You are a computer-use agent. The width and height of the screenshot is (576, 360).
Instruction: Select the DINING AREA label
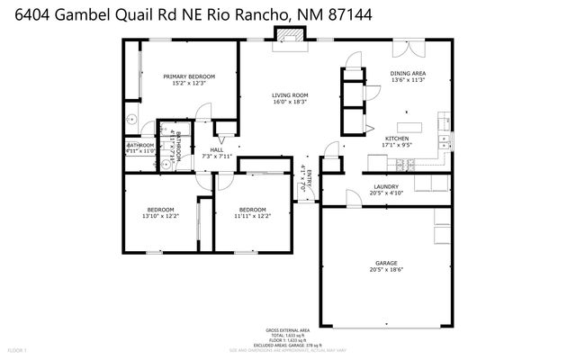408,73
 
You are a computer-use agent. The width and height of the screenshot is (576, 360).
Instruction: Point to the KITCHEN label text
397,138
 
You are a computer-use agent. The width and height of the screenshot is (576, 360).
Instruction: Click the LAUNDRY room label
386,187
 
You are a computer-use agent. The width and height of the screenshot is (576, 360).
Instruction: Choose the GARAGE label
386,264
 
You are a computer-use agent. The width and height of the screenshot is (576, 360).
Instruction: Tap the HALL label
217,150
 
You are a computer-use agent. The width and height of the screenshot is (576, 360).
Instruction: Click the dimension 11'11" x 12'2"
253,216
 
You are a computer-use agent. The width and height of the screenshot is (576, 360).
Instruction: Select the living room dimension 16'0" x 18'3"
291,102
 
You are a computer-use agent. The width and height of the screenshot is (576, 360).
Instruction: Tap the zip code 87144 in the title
327,15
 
